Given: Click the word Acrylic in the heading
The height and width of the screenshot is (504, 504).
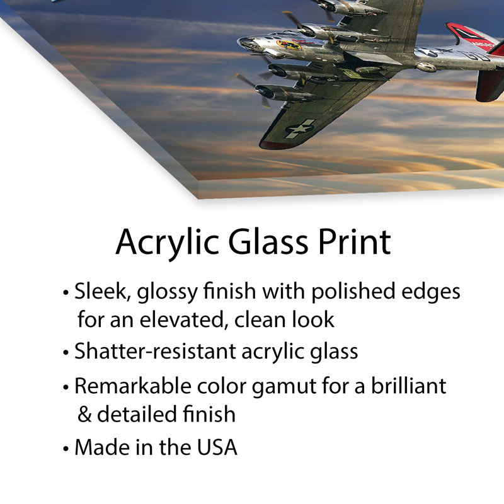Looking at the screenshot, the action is (x=168, y=243).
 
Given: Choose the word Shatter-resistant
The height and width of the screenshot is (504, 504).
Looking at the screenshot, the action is (x=156, y=351).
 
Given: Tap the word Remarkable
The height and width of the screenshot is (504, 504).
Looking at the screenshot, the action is (x=133, y=386).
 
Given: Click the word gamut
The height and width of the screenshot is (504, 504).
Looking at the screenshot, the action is (x=284, y=387).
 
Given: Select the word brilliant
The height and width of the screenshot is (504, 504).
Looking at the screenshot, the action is (x=408, y=386).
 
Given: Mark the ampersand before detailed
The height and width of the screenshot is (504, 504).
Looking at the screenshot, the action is (x=84, y=414).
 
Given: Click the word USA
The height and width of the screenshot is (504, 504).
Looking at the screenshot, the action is (x=217, y=447).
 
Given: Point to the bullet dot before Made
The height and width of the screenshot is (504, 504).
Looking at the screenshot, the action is (x=66, y=449).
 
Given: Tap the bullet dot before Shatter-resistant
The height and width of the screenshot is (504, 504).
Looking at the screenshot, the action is (x=66, y=352).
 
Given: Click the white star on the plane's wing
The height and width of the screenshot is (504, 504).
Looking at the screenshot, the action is (x=300, y=129).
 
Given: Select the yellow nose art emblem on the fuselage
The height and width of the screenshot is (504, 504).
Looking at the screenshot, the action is (x=289, y=45).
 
